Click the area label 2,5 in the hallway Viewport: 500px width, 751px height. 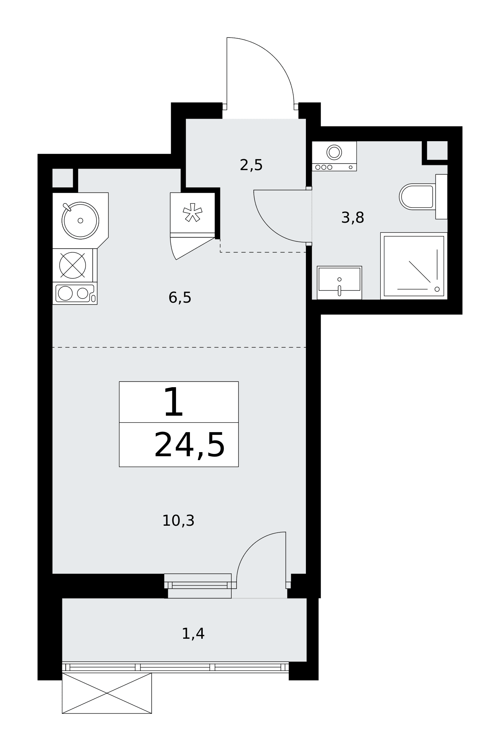tap(251, 165)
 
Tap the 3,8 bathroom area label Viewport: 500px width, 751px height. tap(352, 218)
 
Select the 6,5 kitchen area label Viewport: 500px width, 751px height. tap(180, 298)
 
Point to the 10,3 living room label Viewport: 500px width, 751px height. tap(178, 521)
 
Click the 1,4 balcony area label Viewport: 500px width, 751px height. tap(193, 634)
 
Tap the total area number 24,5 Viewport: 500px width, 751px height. tap(190, 445)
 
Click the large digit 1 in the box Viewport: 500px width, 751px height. tap(173, 403)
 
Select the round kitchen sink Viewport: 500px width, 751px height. tap(80, 220)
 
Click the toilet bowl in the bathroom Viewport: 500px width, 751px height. tap(417, 197)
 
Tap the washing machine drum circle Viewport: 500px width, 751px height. tap(334, 152)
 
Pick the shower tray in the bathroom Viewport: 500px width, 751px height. tap(414, 266)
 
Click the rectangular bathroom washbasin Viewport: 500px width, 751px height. tap(339, 282)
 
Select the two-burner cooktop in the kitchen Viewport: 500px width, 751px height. tap(75, 293)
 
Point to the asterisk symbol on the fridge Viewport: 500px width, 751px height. tap(193, 212)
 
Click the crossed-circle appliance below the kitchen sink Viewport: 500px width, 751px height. tap(72, 265)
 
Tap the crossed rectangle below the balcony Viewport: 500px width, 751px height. tap(107, 693)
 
